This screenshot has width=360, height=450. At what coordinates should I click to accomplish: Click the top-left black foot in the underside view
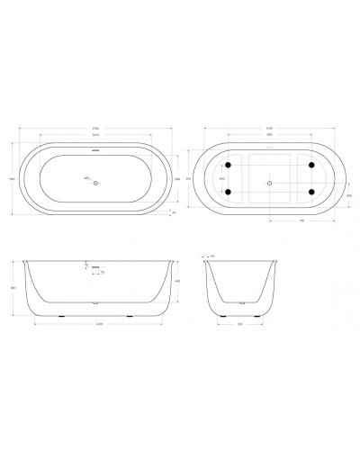click(229, 165)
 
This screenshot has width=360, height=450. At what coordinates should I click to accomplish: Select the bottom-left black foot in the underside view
click(229, 192)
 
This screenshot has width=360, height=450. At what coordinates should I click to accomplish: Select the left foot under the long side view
click(61, 315)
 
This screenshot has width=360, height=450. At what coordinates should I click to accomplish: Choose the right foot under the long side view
click(130, 315)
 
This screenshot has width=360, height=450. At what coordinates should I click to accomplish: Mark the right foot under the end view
click(264, 315)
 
